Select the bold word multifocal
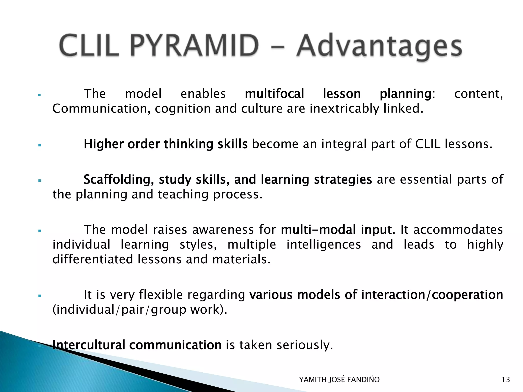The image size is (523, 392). [275, 94]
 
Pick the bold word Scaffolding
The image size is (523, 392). [118, 179]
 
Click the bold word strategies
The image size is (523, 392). [343, 180]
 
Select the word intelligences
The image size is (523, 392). [324, 244]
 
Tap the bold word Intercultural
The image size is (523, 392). [89, 345]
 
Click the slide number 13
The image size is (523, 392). [506, 380]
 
